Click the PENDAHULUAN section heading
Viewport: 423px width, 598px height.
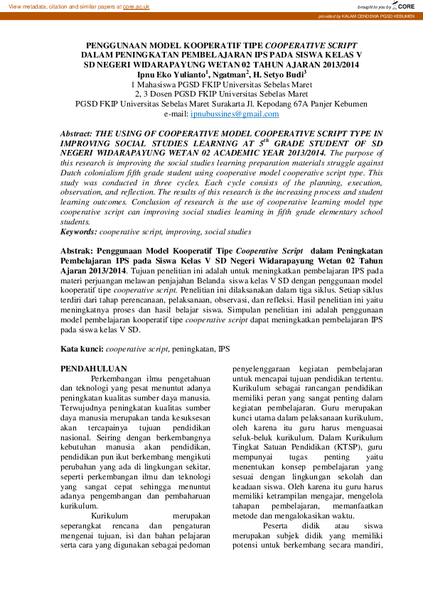[94, 369]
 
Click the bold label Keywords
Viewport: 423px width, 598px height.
[79, 232]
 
